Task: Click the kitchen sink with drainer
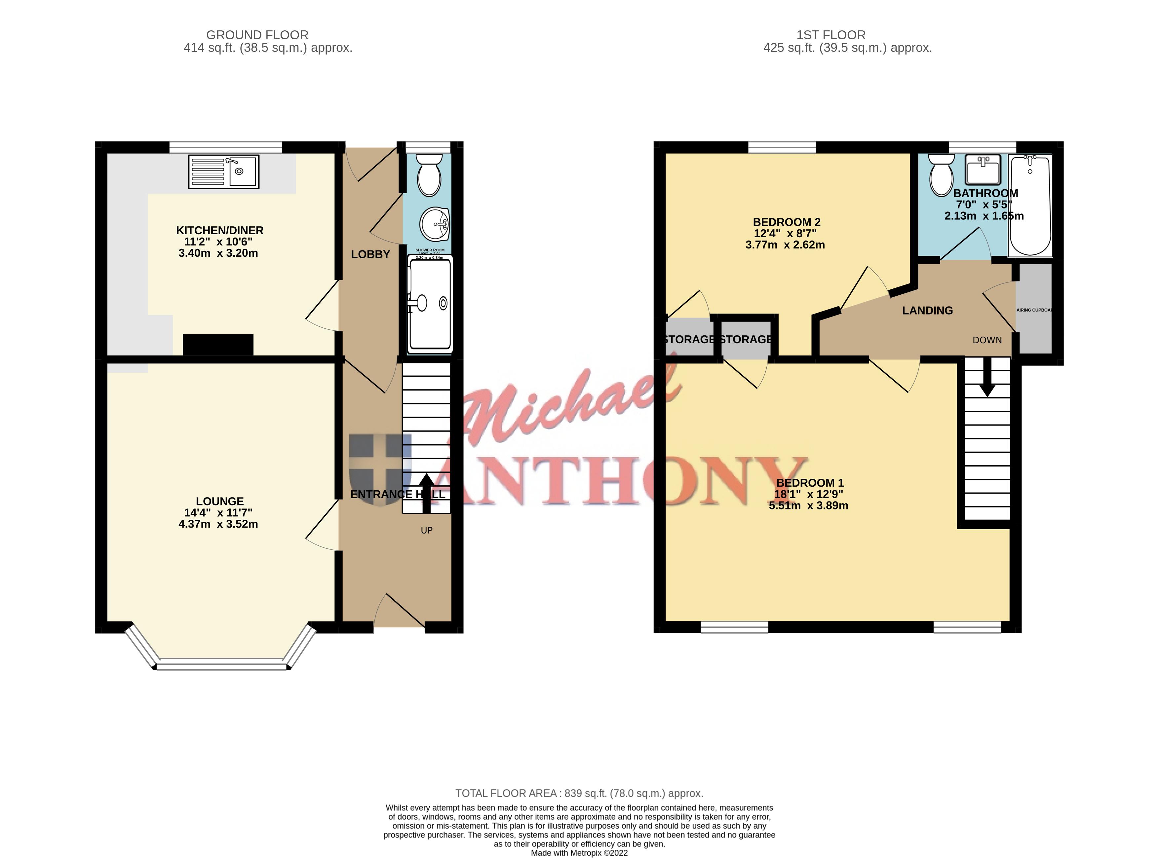[223, 171]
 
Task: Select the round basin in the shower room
[434, 224]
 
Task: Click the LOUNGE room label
[220, 501]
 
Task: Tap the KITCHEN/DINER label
[220, 230]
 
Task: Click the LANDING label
[927, 311]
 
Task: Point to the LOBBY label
[370, 254]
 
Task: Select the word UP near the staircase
[427, 530]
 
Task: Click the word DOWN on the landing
[987, 340]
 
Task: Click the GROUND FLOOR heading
[257, 35]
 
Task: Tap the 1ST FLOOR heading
[831, 35]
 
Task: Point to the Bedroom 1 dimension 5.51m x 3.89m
[808, 506]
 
